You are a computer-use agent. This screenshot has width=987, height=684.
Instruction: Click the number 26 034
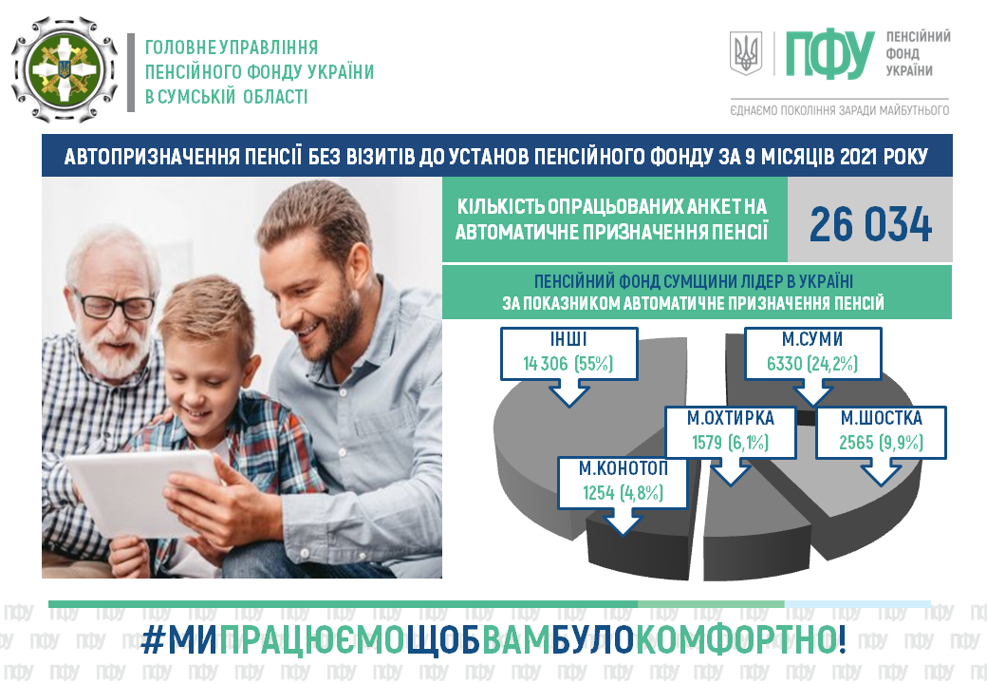pos(870,224)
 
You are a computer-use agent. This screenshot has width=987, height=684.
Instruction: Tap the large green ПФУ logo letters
pos(830,54)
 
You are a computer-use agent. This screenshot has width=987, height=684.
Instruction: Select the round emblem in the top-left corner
pos(65,70)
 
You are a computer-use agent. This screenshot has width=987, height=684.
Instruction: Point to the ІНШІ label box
pos(569,353)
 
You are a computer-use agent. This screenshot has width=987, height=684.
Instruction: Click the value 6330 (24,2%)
pos(812,364)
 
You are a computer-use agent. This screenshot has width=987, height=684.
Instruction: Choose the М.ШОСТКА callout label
pos(882,432)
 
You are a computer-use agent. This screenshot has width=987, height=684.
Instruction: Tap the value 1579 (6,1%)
pos(730,443)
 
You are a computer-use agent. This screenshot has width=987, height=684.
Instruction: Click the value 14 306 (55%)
pos(568,364)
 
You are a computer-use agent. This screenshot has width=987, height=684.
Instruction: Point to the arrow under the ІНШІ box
pos(569,393)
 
